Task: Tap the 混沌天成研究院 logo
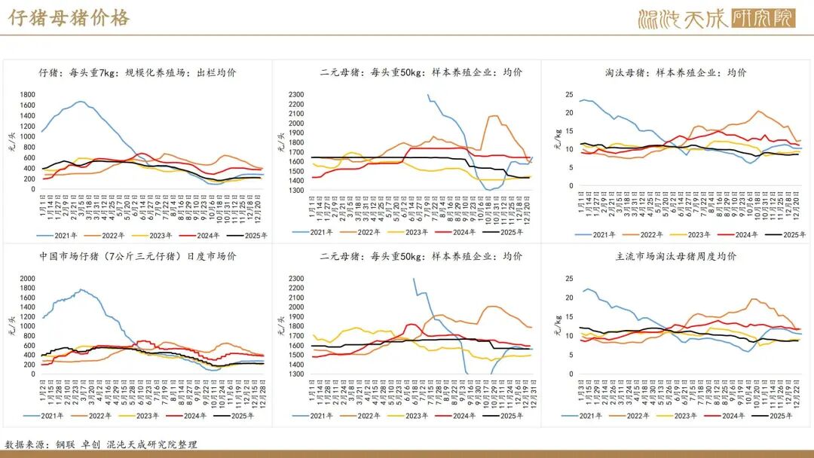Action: tap(716, 18)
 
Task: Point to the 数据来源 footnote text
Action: tap(101, 444)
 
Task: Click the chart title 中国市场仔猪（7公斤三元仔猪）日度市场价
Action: tap(138, 256)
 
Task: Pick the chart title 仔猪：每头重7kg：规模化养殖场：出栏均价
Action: tap(138, 72)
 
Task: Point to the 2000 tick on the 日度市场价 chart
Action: tap(26, 279)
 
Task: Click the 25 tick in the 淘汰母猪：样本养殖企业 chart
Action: tap(568, 94)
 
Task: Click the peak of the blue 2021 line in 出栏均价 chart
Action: tap(80, 101)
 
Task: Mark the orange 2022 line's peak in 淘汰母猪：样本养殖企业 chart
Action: tap(757, 111)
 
